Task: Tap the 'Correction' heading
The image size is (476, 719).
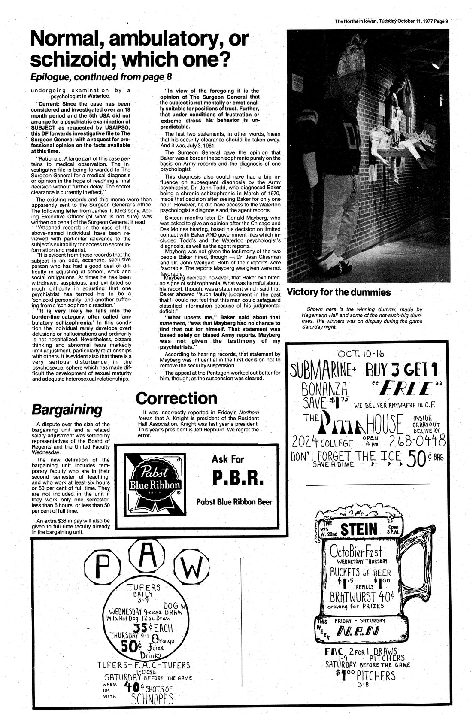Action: point(176,398)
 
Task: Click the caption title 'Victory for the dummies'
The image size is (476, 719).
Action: point(339,293)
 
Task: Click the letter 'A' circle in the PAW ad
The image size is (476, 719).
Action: point(147,558)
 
